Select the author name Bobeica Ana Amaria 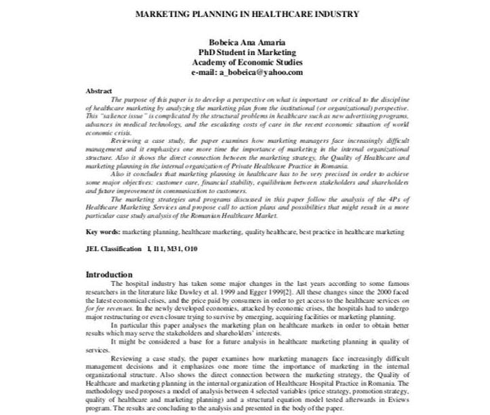pyautogui.click(x=247, y=42)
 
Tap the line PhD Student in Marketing pyautogui.click(x=247, y=52)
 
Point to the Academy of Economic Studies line pyautogui.click(x=247, y=63)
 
